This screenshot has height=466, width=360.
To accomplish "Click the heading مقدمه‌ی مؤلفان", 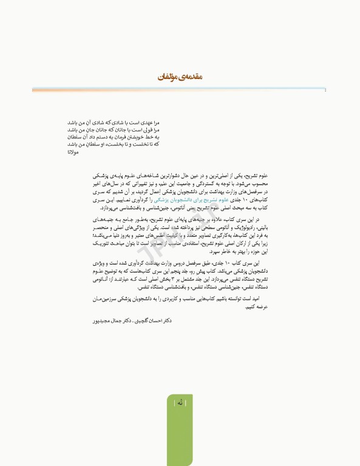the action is click(x=180, y=78).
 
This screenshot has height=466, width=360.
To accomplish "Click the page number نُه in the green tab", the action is click(x=180, y=402).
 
